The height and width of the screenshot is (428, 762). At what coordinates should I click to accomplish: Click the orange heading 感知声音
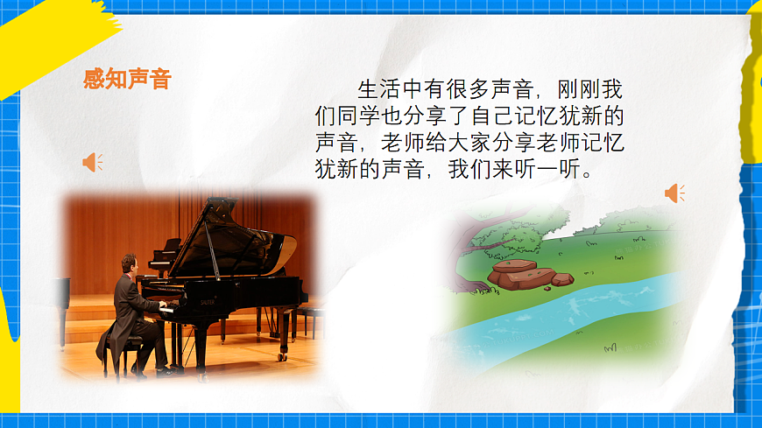point(127,81)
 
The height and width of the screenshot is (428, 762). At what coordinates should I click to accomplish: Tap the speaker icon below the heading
point(92,162)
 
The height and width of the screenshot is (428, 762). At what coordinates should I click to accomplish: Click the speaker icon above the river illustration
point(674,193)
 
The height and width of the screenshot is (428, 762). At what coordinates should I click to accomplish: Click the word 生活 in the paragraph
point(378,90)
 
